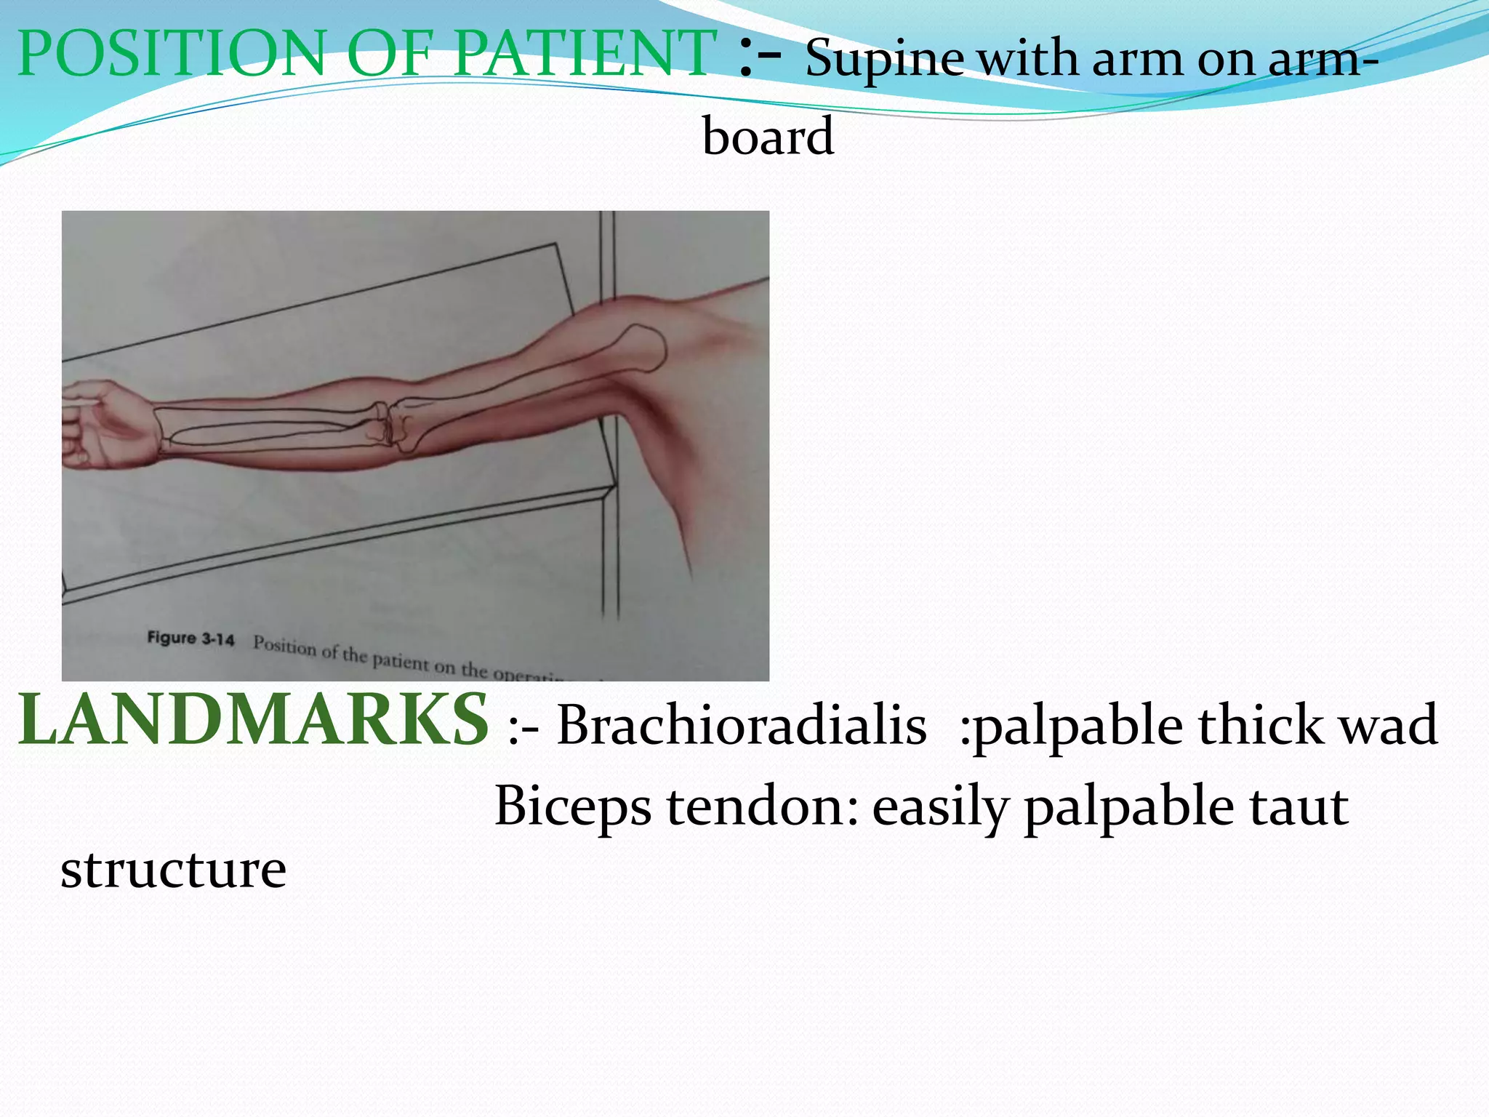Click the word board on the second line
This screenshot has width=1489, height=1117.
(x=768, y=137)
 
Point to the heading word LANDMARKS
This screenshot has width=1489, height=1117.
(x=253, y=720)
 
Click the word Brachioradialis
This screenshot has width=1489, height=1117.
(x=742, y=726)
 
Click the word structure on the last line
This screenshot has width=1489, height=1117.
(x=173, y=870)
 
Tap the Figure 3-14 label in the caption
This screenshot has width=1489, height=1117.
(x=190, y=638)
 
